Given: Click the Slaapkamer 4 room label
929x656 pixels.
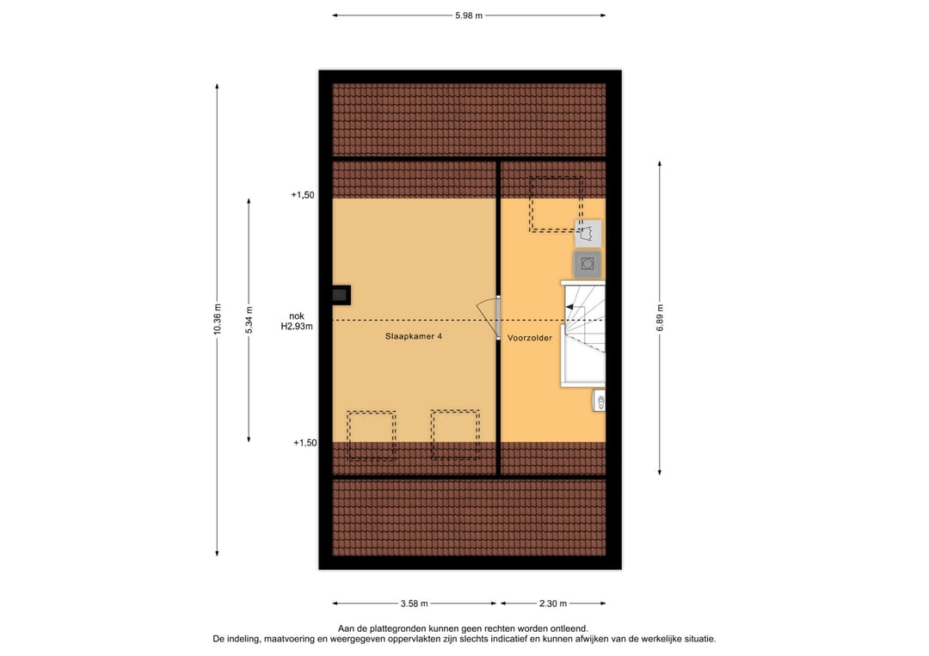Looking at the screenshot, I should click(414, 337).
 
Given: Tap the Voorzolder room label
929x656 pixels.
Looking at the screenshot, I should click(529, 338).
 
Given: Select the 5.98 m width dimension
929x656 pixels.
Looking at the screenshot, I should click(469, 15).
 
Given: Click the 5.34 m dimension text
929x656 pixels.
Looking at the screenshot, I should click(249, 320).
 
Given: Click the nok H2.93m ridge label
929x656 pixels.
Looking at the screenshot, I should click(296, 321).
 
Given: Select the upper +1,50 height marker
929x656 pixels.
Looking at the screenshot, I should click(303, 195).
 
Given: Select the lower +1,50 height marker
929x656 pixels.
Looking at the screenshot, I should click(305, 443).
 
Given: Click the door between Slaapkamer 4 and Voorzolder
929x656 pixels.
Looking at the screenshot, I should click(489, 316).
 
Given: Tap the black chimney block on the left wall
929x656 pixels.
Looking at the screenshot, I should click(341, 295).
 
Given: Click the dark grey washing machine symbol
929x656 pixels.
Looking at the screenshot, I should click(588, 264).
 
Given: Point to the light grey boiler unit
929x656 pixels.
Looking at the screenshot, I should click(588, 233).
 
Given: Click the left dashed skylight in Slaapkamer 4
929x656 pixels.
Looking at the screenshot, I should click(372, 435).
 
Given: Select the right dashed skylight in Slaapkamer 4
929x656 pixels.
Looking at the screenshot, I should click(455, 435).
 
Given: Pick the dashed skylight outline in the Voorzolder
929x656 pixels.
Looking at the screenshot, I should click(556, 205).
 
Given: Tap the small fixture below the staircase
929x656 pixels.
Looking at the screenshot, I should click(600, 401).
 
